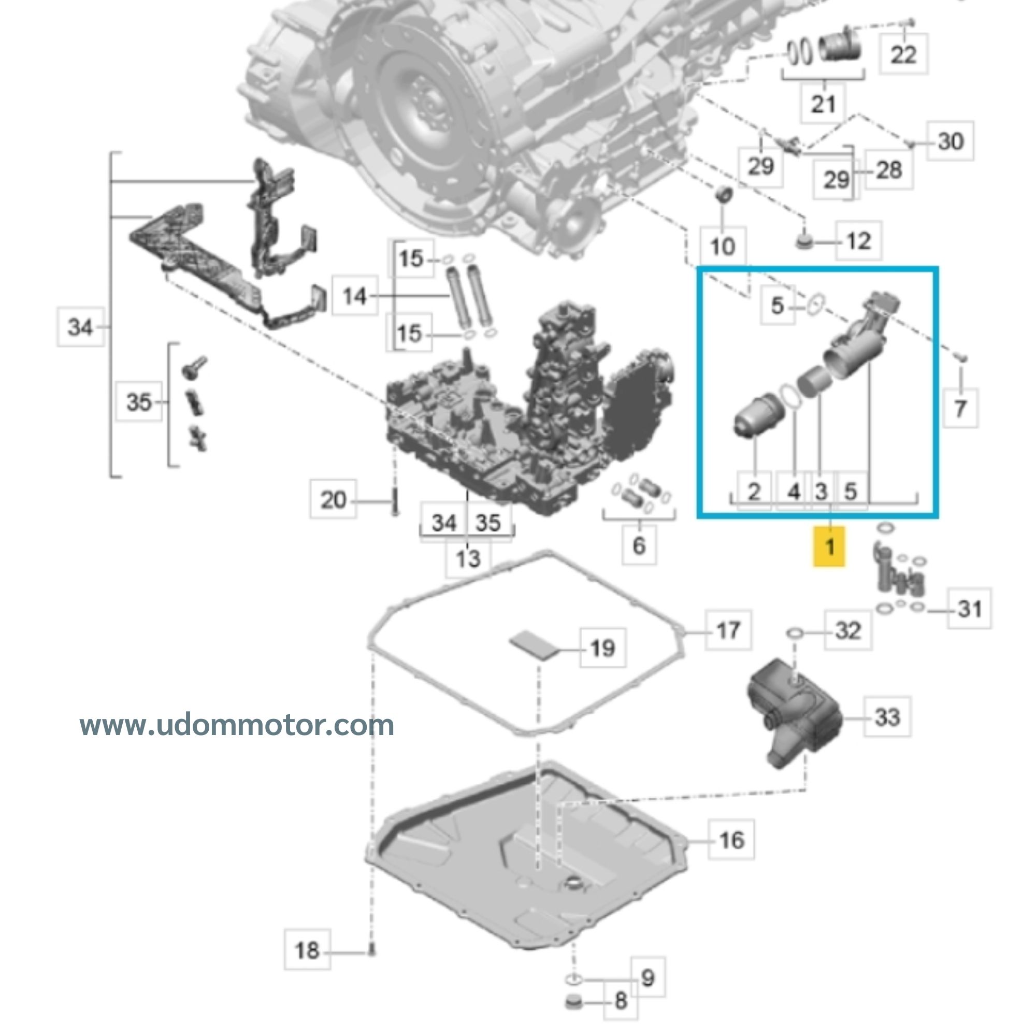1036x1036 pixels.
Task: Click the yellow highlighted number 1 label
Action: click(829, 546)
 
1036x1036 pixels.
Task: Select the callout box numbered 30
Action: click(949, 141)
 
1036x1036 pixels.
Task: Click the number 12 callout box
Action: click(858, 241)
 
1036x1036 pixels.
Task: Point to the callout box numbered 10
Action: click(722, 246)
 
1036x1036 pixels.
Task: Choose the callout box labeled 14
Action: click(354, 295)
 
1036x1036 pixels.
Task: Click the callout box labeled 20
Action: click(333, 499)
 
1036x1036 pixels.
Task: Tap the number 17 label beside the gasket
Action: click(728, 630)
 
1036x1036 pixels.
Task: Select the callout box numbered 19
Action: click(603, 648)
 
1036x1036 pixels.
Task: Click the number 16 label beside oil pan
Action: click(731, 840)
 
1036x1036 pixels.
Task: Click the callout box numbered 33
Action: click(886, 716)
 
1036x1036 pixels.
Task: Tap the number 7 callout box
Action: click(960, 408)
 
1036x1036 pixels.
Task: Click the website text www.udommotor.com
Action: click(237, 726)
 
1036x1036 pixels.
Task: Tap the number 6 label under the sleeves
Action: click(639, 545)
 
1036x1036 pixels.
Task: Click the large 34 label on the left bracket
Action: click(80, 326)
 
